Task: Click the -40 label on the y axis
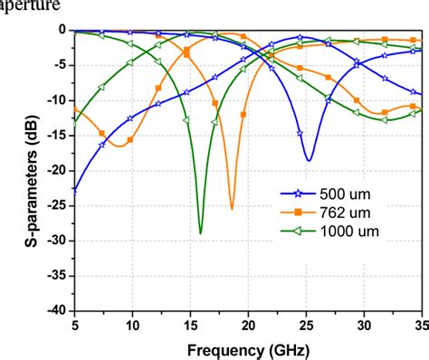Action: point(55,309)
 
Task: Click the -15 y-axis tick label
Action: point(55,136)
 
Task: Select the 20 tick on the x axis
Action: point(248,324)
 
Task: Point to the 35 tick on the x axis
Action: point(421,324)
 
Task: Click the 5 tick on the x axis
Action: point(75,324)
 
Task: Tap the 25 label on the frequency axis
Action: point(306,324)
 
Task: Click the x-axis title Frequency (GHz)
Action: point(247,347)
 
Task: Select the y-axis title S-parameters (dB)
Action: point(16,169)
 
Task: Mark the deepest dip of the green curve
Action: point(201,232)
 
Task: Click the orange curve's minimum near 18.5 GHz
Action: point(232,208)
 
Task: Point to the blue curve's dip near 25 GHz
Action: point(309,160)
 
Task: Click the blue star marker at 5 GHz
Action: point(75,190)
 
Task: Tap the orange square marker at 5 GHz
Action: point(75,108)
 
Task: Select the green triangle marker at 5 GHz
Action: point(75,122)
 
